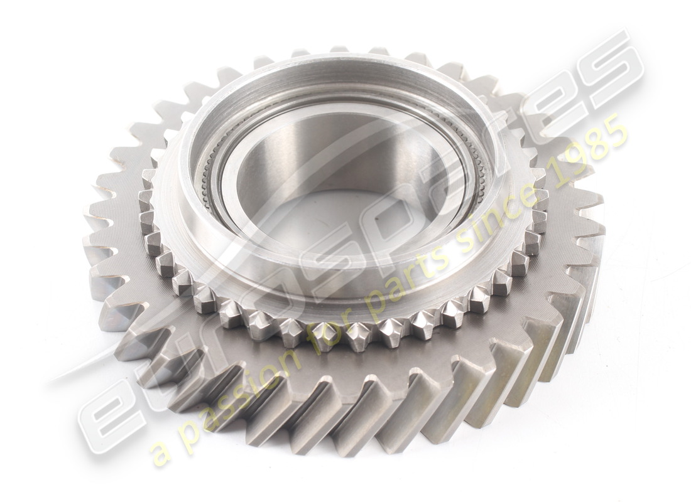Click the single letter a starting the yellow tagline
pyautogui.click(x=161, y=454)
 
